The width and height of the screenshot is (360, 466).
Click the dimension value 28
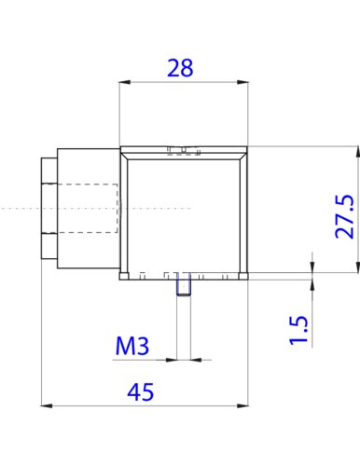[180, 68]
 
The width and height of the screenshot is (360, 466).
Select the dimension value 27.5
[345, 216]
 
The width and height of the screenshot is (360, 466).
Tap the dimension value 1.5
[298, 330]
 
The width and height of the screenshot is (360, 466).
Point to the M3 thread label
[132, 346]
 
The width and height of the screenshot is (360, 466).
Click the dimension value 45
[141, 391]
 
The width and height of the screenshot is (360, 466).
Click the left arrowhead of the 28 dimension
[125, 82]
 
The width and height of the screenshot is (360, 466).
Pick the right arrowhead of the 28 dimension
[242, 82]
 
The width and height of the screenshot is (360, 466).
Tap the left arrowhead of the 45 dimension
[47, 405]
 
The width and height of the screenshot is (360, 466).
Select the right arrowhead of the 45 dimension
[242, 405]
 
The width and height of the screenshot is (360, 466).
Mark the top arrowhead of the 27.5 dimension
[357, 152]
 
